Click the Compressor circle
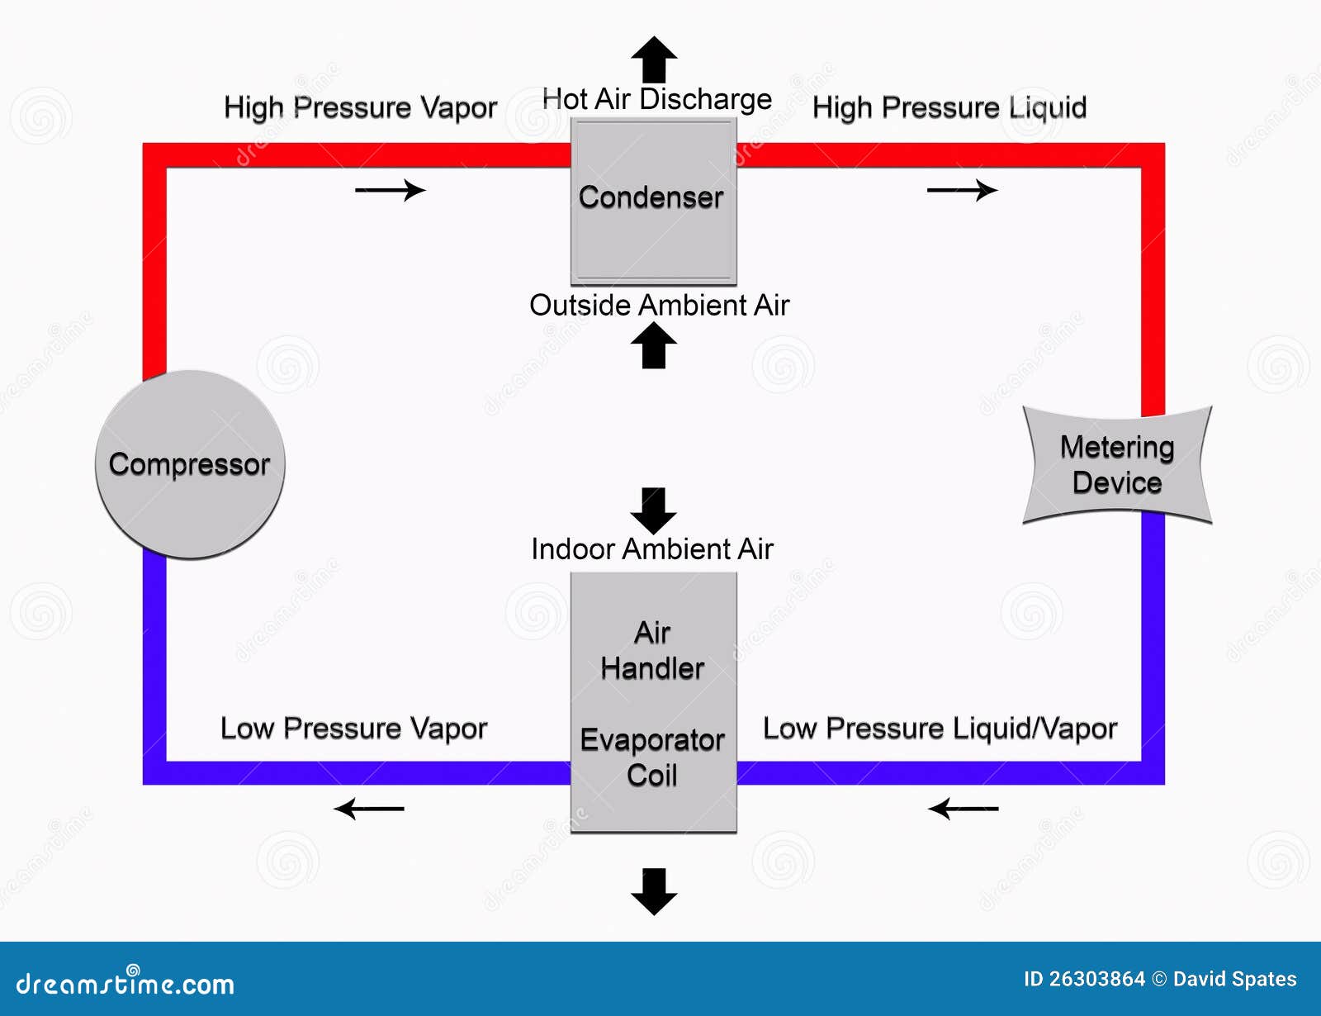tap(190, 464)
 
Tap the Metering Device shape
tap(1116, 465)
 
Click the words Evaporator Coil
tap(652, 757)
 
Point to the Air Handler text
tap(652, 650)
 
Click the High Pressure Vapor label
tap(360, 107)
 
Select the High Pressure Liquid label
tap(949, 107)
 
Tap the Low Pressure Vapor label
tap(353, 728)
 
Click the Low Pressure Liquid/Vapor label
tap(940, 728)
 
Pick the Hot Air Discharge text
tap(656, 99)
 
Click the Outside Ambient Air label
tap(659, 305)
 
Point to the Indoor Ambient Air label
tap(651, 548)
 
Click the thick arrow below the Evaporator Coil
tap(654, 891)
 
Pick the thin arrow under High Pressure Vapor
tap(390, 190)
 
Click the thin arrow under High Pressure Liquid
tap(962, 190)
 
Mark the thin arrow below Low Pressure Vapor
tap(369, 808)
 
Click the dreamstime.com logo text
tap(125, 983)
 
